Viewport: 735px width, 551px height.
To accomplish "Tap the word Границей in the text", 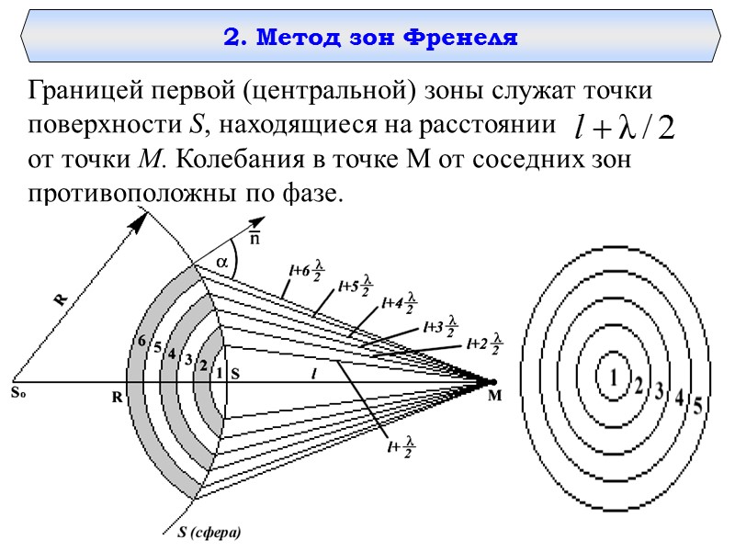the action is [83, 92].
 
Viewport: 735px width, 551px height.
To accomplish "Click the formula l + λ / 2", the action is [623, 126].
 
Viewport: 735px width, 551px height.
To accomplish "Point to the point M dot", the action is [493, 382].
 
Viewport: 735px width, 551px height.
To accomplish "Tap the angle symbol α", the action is [221, 263].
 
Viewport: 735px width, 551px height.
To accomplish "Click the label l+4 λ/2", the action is [399, 303].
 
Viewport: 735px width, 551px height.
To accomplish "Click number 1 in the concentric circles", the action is [610, 376].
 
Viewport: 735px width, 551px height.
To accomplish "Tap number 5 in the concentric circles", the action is [698, 405].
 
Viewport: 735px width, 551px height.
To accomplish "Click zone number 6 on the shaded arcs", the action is [141, 342].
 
